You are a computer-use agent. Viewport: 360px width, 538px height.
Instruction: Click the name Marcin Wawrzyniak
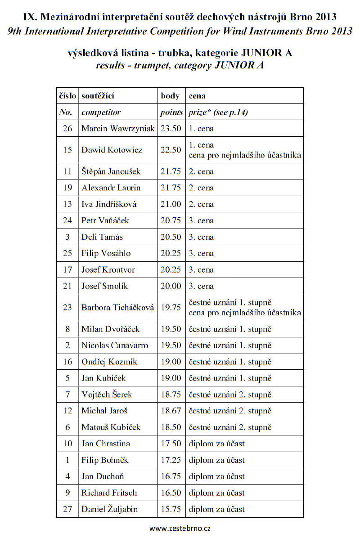pyautogui.click(x=118, y=129)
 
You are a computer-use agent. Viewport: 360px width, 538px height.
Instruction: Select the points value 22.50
pyautogui.click(x=171, y=150)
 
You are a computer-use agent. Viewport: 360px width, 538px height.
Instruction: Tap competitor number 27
pyautogui.click(x=67, y=509)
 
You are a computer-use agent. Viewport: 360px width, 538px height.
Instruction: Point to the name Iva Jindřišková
pyautogui.click(x=109, y=204)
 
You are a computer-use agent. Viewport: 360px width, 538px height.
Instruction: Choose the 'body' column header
pyautogui.click(x=170, y=96)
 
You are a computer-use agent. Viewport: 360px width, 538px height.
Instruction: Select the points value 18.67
pyautogui.click(x=171, y=411)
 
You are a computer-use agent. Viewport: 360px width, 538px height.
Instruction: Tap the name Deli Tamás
pyautogui.click(x=102, y=237)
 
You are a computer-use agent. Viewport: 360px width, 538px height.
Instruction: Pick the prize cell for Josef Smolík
pyautogui.click(x=201, y=286)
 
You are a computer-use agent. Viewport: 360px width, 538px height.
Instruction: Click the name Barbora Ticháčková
pyautogui.click(x=118, y=308)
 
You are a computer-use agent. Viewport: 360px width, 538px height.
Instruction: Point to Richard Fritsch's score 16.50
pyautogui.click(x=171, y=493)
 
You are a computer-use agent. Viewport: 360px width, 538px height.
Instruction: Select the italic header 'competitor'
pyautogui.click(x=101, y=112)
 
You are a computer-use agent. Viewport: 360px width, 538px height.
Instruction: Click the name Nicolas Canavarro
pyautogui.click(x=115, y=345)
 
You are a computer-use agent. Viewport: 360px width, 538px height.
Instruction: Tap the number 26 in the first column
pyautogui.click(x=67, y=129)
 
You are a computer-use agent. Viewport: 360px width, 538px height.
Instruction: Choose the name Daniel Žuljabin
pyautogui.click(x=109, y=509)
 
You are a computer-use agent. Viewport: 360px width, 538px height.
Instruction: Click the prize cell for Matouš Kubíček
pyautogui.click(x=230, y=427)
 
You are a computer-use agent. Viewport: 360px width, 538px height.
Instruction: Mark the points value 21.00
pyautogui.click(x=171, y=204)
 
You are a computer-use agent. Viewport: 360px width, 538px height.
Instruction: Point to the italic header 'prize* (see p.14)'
pyautogui.click(x=218, y=112)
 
